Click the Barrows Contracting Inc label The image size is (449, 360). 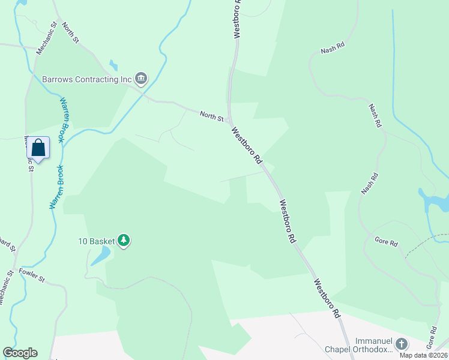[86, 79]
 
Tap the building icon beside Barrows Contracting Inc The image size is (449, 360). [141, 78]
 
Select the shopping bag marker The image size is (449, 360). [38, 148]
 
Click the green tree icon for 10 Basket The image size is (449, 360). [124, 241]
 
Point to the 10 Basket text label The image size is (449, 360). [96, 241]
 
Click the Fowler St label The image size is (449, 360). [32, 275]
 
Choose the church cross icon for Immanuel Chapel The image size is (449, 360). [401, 344]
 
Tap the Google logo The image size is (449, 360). [20, 353]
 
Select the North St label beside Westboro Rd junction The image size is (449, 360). [211, 115]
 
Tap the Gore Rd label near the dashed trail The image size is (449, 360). [386, 242]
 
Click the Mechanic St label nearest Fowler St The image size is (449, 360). [7, 287]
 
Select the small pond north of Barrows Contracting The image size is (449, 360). [113, 66]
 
